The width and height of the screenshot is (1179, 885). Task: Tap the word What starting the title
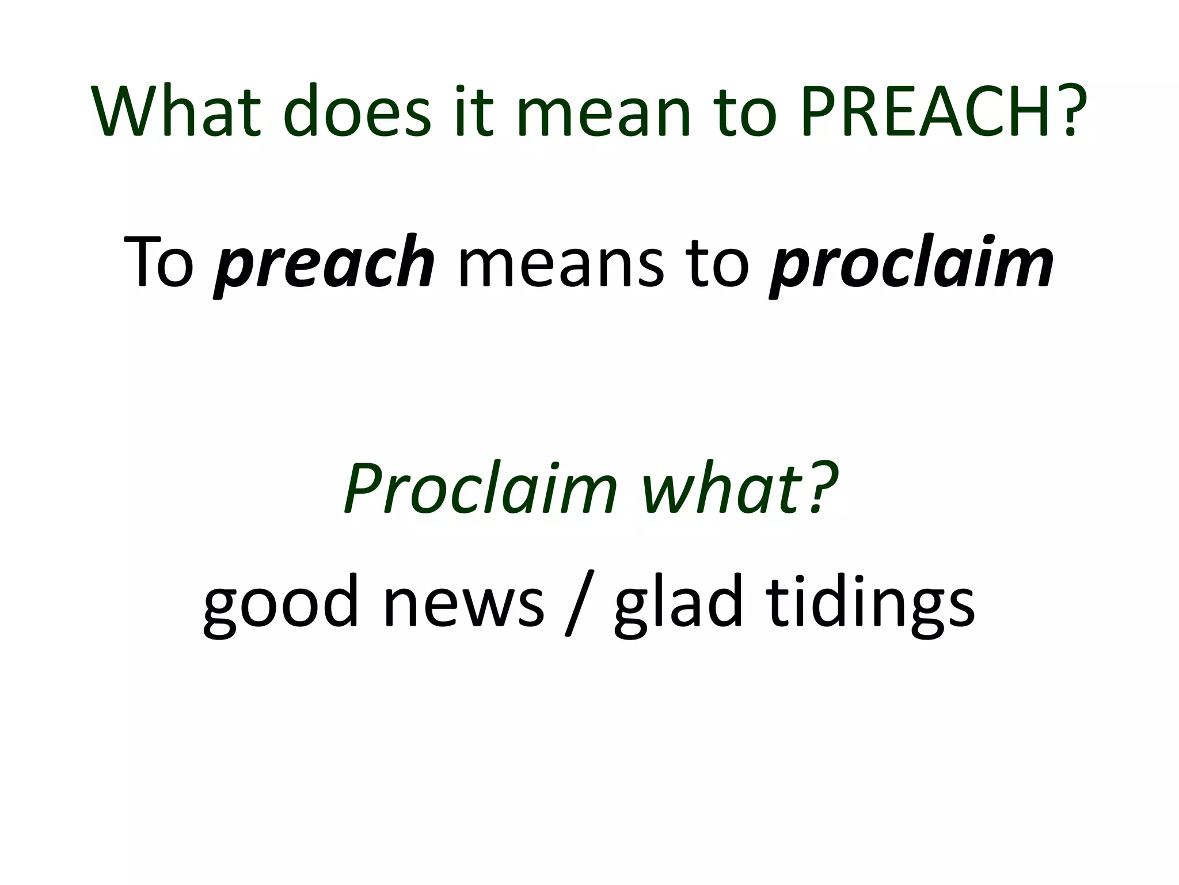(176, 111)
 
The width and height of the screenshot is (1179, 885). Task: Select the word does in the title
(357, 111)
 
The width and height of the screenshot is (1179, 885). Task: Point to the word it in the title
(474, 111)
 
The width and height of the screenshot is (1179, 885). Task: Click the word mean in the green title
(604, 111)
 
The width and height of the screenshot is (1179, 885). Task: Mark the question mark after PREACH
(1072, 111)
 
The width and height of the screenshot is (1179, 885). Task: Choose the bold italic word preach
(325, 263)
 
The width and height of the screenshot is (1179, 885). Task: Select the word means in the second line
(562, 263)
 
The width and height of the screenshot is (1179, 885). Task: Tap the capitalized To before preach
(159, 263)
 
